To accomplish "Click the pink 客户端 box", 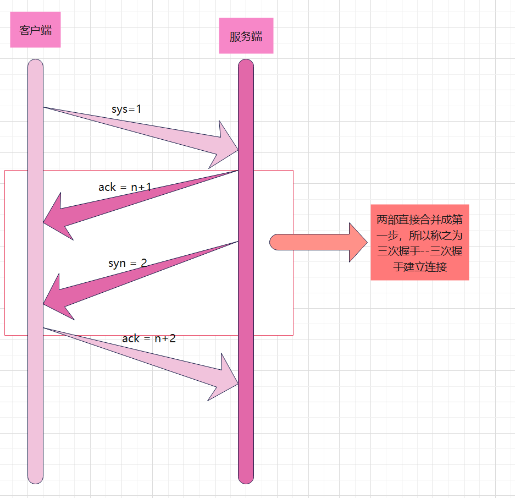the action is click(x=35, y=30).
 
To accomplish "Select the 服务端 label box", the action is click(x=246, y=36).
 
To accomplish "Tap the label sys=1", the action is click(x=126, y=109).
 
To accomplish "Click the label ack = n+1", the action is click(x=125, y=187).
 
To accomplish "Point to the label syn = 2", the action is click(x=128, y=263).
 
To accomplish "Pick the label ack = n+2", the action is click(x=149, y=338).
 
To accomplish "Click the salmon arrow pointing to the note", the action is click(x=319, y=242).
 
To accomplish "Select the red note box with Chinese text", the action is click(x=419, y=242).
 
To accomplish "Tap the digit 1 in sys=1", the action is click(x=139, y=109).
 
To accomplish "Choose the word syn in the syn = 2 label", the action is click(x=117, y=263).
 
